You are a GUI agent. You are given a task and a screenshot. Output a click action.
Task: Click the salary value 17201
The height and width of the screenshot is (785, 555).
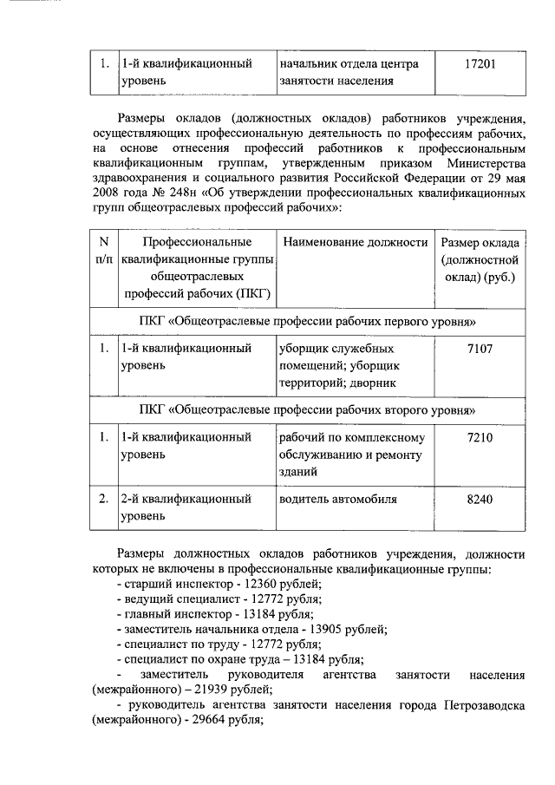tap(480, 64)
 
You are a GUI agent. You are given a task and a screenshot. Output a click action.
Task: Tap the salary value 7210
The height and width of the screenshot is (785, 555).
tap(480, 437)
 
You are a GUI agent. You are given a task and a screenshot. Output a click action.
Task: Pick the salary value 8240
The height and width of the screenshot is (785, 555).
tap(480, 500)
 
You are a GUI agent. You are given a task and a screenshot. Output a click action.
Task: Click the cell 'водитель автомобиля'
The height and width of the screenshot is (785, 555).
tap(337, 500)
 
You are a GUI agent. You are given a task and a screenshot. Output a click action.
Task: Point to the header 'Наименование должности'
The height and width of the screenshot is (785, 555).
tap(355, 242)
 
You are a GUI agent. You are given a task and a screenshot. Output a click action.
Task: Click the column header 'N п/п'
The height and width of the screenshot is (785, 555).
tap(104, 251)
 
